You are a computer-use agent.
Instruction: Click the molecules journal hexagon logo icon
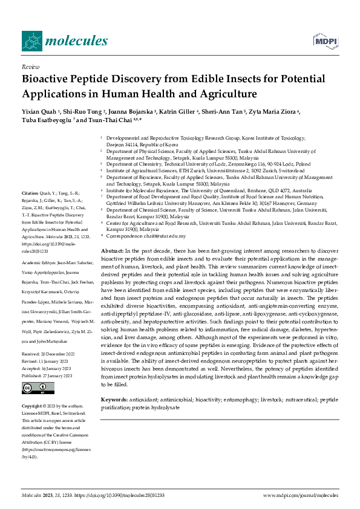coord(31,41)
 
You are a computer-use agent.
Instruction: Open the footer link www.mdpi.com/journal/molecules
coord(301,494)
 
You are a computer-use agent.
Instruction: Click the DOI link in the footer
coord(119,494)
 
